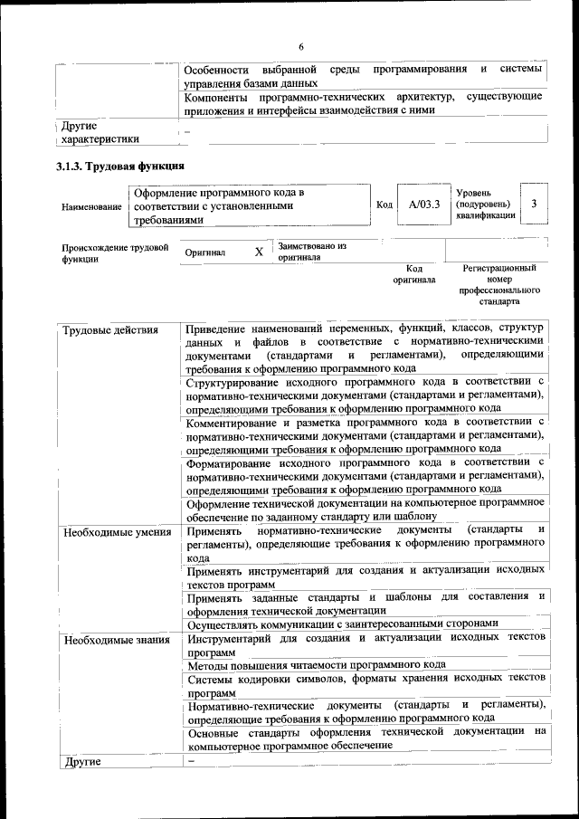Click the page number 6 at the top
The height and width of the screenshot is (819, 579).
click(301, 47)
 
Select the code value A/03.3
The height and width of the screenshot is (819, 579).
click(423, 205)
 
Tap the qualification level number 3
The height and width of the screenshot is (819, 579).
click(535, 205)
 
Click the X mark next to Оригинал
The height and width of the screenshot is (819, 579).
click(259, 252)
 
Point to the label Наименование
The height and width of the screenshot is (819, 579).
click(91, 207)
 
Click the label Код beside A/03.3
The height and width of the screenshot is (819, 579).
click(384, 205)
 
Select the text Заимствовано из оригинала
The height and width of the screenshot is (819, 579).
click(312, 251)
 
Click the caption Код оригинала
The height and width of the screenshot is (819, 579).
click(414, 274)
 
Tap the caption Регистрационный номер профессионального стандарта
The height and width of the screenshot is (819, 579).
click(499, 286)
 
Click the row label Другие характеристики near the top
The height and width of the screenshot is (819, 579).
click(100, 133)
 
